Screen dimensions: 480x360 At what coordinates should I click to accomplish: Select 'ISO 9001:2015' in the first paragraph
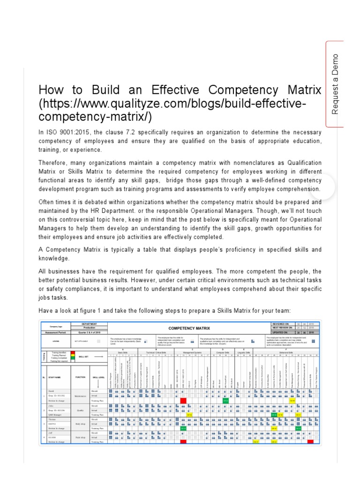pyautogui.click(x=63, y=132)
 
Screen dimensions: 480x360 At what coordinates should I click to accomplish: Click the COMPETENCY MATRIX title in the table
pyautogui.click(x=189, y=329)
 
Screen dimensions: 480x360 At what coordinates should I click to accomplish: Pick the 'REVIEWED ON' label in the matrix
pyautogui.click(x=282, y=324)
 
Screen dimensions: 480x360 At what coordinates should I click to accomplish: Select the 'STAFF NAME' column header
pyautogui.click(x=56, y=376)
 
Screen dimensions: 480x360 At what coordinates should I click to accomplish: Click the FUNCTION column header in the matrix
pyautogui.click(x=80, y=376)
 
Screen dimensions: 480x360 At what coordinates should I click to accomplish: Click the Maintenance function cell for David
pyautogui.click(x=80, y=396)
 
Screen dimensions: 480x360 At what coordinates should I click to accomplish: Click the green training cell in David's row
pyautogui.click(x=225, y=400)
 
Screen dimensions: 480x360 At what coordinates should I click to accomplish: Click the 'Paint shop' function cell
pyautogui.click(x=80, y=437)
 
